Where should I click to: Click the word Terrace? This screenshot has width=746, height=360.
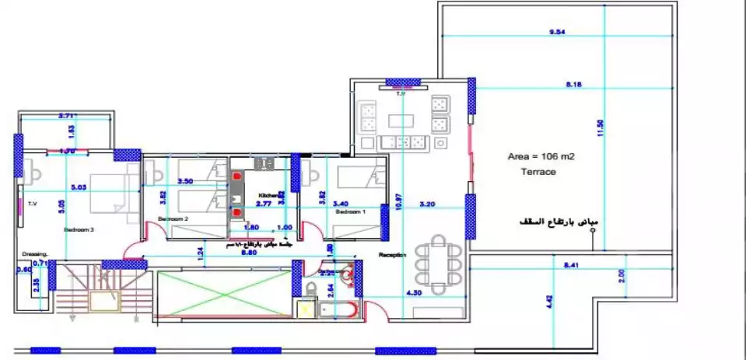coord(538,172)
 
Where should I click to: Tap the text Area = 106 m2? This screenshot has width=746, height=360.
coord(541,156)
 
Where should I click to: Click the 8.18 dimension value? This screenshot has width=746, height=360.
coord(574,83)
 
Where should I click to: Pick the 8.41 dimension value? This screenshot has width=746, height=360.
coord(571,265)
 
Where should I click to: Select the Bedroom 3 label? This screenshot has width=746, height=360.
coord(79,230)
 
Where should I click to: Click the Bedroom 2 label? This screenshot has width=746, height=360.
coord(173,220)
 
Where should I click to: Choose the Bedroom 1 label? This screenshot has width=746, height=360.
coord(349,211)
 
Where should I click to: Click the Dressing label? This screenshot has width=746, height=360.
coord(36,253)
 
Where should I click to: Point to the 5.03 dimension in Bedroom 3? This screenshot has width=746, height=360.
coord(79,187)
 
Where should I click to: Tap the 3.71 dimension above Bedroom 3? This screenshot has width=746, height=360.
coord(68,116)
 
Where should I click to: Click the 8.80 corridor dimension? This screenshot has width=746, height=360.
coord(250,253)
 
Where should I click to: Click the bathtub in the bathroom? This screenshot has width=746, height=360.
coord(338,310)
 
